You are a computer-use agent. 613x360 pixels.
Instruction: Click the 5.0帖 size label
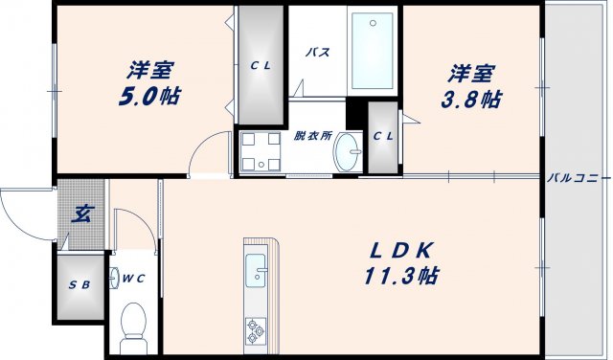pos(151,97)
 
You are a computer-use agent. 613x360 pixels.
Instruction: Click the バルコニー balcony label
pos(578,177)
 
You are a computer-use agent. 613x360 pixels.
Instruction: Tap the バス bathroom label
pos(318,53)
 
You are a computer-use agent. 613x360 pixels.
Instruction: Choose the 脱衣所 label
pos(312,137)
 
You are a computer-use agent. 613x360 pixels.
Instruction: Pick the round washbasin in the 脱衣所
pos(350,150)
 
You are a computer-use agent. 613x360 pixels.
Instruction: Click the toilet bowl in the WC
pos(133,321)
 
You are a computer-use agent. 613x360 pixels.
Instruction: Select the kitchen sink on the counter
pos(257,273)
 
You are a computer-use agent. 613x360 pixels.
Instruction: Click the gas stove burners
pos(257,330)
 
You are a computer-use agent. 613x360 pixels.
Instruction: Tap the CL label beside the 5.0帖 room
pos(261,66)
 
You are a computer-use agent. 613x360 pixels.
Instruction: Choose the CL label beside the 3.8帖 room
pos(383,137)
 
